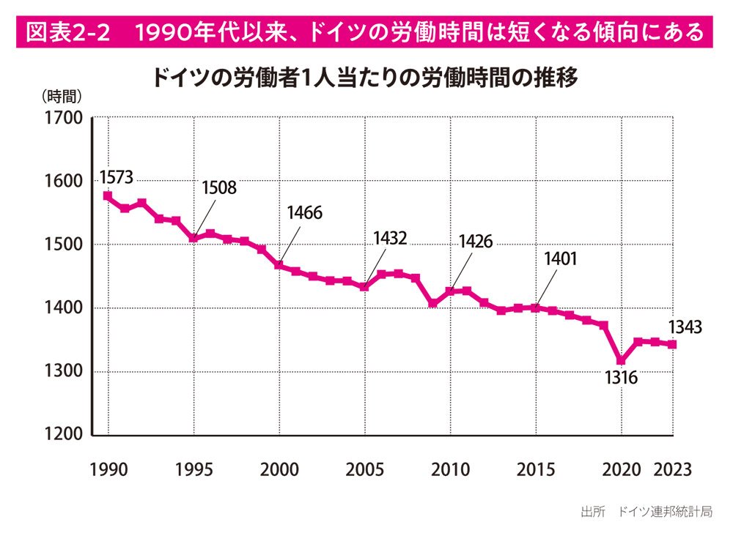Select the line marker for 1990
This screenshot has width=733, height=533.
(108, 196)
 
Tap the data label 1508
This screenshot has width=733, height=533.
(219, 187)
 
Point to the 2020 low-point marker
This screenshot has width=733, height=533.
(622, 360)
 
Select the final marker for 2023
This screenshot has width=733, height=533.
(672, 344)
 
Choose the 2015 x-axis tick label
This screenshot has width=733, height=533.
(536, 469)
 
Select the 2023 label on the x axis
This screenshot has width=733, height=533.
(672, 469)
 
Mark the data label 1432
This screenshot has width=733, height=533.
(389, 238)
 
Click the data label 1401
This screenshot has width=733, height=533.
(561, 258)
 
